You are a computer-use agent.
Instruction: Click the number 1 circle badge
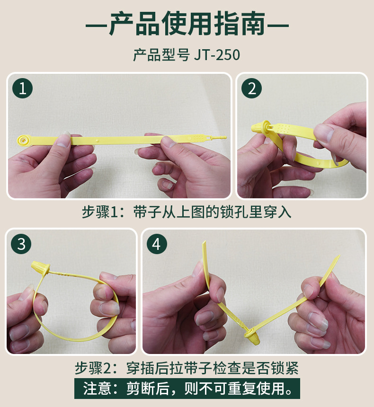tap(23, 88)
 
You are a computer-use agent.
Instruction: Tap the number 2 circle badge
tap(251, 88)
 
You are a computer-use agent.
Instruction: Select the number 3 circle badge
tap(21, 244)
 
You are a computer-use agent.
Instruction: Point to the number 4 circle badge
tap(157, 244)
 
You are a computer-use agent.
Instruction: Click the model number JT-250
tap(217, 55)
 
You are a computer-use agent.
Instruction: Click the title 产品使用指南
tap(187, 24)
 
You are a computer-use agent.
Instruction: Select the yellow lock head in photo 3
tap(40, 268)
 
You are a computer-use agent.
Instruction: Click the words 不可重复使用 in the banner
tap(246, 389)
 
